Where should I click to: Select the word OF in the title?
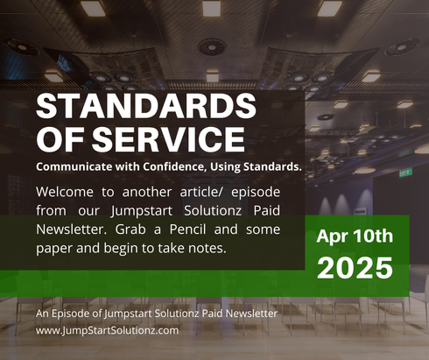[x=59, y=139]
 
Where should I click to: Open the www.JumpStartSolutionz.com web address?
[x=108, y=330]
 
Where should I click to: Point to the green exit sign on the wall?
[x=405, y=173]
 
